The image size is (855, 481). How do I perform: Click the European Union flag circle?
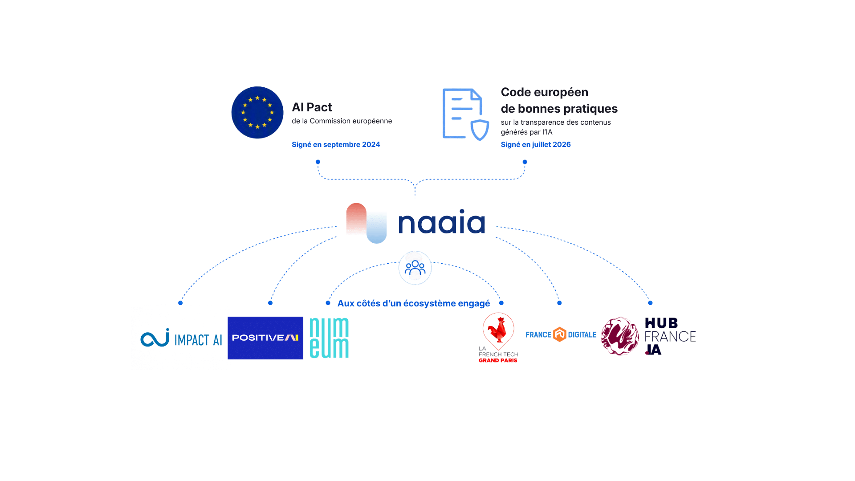257,112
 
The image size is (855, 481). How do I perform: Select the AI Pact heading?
312,107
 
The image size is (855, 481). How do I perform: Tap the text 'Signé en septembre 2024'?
336,145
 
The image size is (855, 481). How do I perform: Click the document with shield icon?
465,114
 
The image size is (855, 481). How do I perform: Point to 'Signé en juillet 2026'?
536,145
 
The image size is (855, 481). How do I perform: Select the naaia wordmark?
442,221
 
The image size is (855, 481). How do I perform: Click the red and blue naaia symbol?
366,223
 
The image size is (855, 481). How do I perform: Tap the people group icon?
415,268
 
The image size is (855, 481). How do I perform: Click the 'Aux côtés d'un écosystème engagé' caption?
414,303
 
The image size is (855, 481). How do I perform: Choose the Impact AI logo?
181,338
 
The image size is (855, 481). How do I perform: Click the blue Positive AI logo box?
265,338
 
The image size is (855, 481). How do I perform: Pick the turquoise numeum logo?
329,338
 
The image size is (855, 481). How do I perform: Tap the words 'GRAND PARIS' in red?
498,360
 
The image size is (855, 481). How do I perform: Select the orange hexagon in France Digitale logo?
560,334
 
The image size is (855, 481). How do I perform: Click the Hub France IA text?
670,336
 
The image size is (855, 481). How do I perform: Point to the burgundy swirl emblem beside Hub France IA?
620,336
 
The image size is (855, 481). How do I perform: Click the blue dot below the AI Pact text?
318,162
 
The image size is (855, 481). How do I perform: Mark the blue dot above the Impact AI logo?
180,303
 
